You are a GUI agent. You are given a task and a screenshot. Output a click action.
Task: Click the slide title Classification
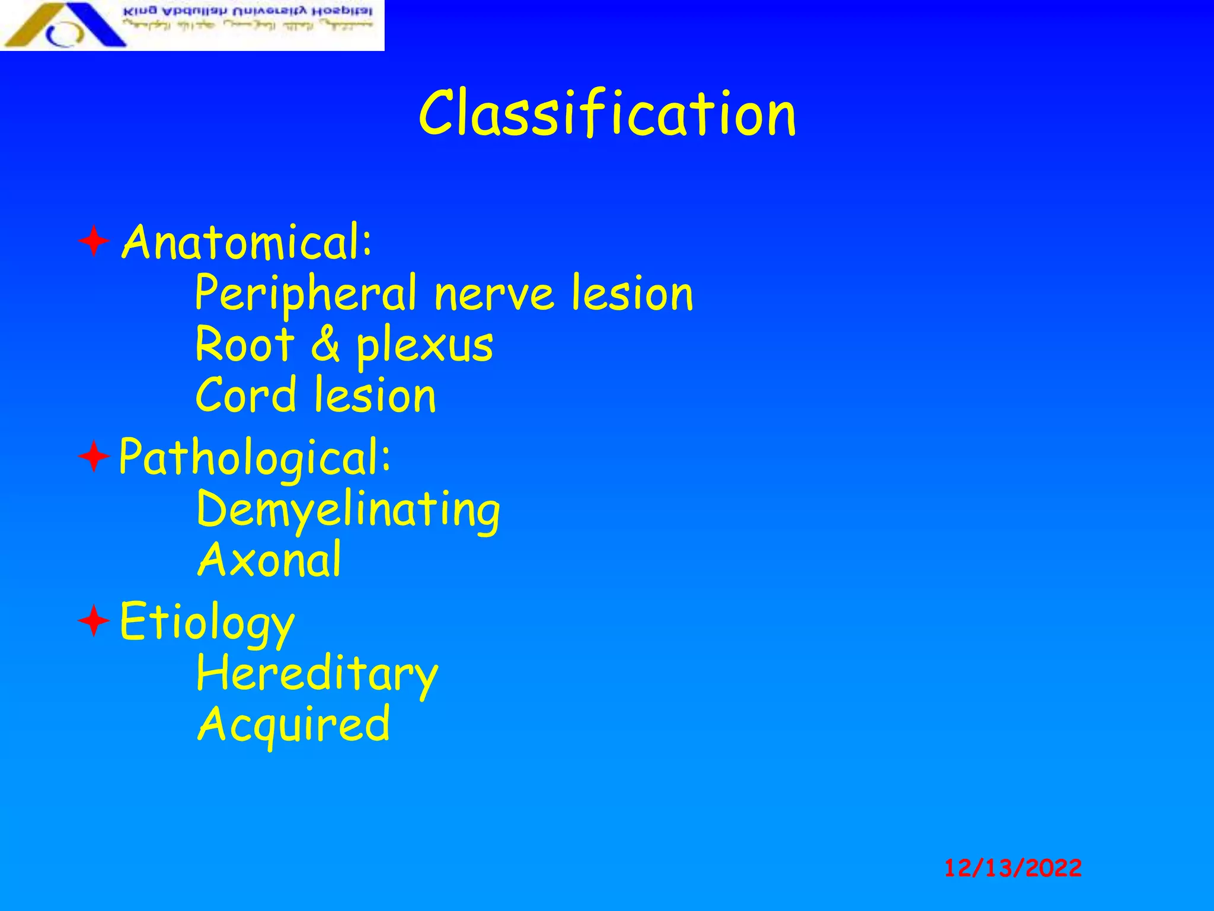[607, 114]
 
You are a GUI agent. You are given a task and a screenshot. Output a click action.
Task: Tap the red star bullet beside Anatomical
[94, 241]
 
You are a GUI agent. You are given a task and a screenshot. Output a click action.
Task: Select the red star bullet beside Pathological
[94, 457]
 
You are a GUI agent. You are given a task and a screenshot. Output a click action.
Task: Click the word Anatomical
[246, 243]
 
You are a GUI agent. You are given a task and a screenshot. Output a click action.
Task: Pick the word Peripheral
[305, 294]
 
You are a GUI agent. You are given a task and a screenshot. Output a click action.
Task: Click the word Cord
[245, 396]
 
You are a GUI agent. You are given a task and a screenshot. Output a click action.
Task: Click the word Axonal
[269, 560]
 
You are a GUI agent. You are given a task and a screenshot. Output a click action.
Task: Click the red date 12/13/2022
[1012, 868]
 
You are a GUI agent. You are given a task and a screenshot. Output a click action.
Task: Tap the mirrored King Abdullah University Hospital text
[247, 12]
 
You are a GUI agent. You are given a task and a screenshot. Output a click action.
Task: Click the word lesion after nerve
[632, 294]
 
